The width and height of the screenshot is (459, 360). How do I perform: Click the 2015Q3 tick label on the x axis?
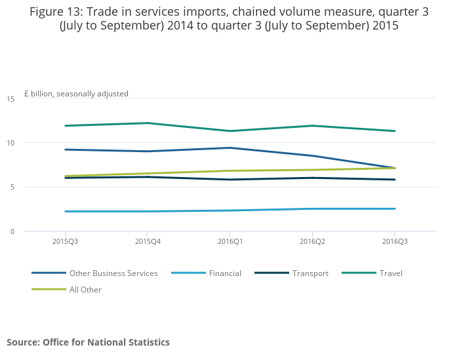point(64,241)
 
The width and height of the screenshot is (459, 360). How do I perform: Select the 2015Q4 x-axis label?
point(146,241)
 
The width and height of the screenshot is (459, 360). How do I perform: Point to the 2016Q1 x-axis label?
point(229,241)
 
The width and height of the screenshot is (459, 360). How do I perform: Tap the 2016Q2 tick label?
point(311,241)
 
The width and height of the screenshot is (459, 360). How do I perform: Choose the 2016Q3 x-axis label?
point(393,241)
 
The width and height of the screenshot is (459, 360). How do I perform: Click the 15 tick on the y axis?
point(10,99)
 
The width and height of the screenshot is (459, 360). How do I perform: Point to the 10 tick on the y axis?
point(10,143)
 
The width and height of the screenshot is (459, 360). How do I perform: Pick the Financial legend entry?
point(225,273)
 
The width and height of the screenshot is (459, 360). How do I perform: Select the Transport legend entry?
point(310,273)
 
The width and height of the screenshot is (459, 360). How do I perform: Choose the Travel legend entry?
point(391,273)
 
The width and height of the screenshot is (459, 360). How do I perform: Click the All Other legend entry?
point(85,289)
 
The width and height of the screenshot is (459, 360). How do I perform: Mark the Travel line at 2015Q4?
point(146,123)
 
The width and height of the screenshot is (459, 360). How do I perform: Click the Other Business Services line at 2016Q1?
point(229,148)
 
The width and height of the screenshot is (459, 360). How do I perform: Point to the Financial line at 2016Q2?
point(311,209)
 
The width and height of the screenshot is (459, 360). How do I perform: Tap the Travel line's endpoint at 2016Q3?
point(393,131)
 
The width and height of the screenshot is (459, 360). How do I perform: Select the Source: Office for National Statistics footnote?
point(88,342)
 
